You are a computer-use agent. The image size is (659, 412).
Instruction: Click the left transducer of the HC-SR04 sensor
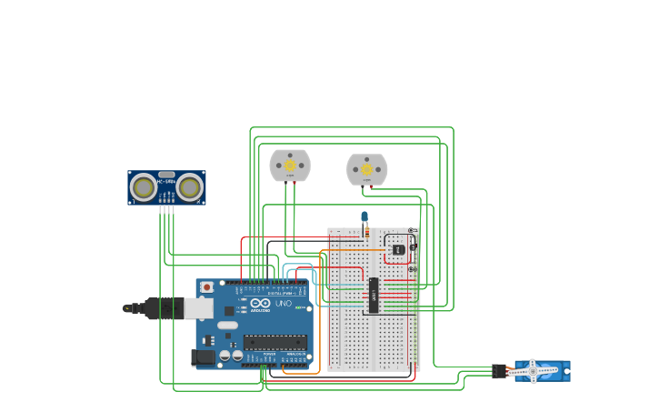[x=144, y=187]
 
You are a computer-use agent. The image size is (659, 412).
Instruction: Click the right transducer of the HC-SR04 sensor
[x=189, y=187]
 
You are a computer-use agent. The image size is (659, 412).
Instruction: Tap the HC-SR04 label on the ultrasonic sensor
[x=166, y=182]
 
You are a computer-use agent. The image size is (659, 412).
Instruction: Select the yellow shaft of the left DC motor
[x=290, y=166]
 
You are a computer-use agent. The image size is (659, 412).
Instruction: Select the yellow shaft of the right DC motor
[x=367, y=169]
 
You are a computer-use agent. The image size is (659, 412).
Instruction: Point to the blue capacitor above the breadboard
[x=364, y=217]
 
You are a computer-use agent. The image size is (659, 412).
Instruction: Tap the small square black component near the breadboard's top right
[x=398, y=249]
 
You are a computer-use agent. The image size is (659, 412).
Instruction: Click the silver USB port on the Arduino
[x=199, y=308]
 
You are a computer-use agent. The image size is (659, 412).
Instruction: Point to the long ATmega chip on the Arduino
[x=274, y=343]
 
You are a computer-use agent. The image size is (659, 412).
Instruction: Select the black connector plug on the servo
[x=499, y=371]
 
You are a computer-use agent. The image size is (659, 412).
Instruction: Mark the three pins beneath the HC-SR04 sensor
[x=166, y=209]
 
